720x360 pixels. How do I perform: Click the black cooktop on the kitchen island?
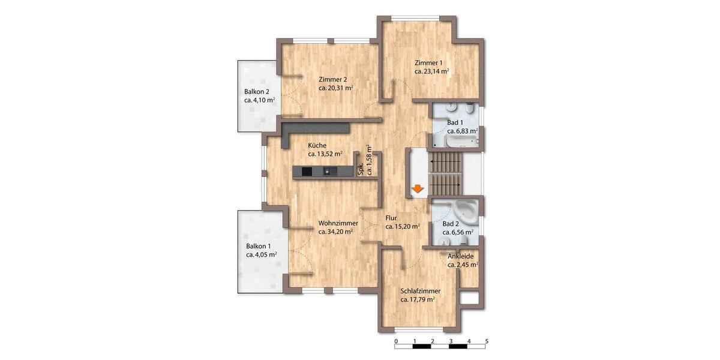307,172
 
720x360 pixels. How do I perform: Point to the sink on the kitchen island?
326,172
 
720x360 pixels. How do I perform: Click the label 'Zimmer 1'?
428,62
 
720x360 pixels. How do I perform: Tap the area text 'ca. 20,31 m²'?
335,88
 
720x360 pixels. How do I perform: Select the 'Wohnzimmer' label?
338,223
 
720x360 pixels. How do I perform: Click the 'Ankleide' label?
461,256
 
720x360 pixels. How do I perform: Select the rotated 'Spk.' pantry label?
361,170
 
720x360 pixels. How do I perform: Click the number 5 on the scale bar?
487,341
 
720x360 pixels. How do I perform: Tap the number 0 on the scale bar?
396,341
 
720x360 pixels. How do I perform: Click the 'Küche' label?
317,145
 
